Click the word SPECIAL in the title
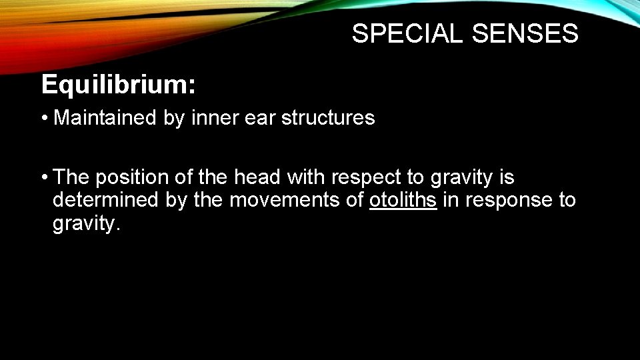[408, 33]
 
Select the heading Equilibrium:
[119, 85]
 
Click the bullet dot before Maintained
[44, 119]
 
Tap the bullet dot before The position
[44, 178]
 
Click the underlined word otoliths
[403, 200]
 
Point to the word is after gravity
[507, 177]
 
